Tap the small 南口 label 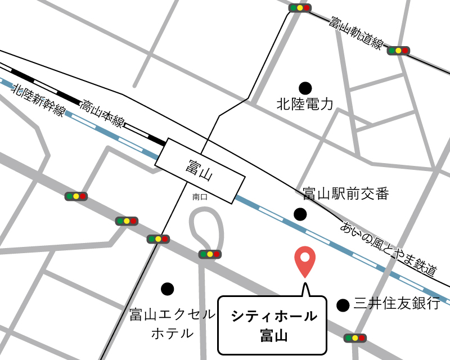pyautogui.click(x=200, y=197)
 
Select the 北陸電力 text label pyautogui.click(x=305, y=104)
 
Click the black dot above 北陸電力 pyautogui.click(x=305, y=88)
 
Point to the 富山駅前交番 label pyautogui.click(x=345, y=195)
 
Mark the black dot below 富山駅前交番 pyautogui.click(x=300, y=214)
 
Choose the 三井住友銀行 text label pyautogui.click(x=397, y=304)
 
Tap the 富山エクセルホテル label pyautogui.click(x=172, y=323)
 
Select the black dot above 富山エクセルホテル pyautogui.click(x=167, y=289)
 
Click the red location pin pyautogui.click(x=305, y=260)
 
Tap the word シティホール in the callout pyautogui.click(x=274, y=316)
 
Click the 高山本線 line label pyautogui.click(x=102, y=114)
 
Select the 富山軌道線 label pyautogui.click(x=356, y=34)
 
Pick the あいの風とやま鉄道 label pyautogui.click(x=389, y=248)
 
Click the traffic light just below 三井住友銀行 pyautogui.click(x=355, y=337)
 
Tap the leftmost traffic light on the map pyautogui.click(x=76, y=196)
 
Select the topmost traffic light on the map pyautogui.click(x=300, y=8)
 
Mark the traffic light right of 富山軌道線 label pyautogui.click(x=398, y=51)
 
